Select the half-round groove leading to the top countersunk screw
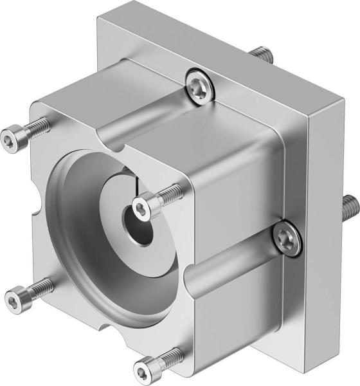(x=141, y=116)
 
